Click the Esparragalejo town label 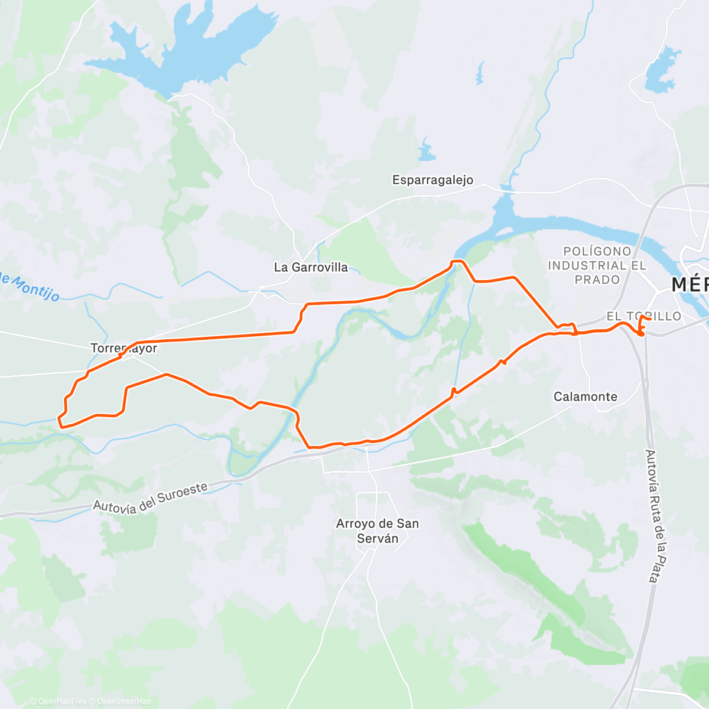pyautogui.click(x=432, y=180)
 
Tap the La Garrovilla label pyautogui.click(x=311, y=267)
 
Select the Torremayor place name pyautogui.click(x=124, y=348)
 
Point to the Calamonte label pyautogui.click(x=585, y=396)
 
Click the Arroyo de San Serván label pyautogui.click(x=378, y=531)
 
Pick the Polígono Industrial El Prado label pyautogui.click(x=597, y=266)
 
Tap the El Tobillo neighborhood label pyautogui.click(x=644, y=316)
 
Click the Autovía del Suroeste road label pyautogui.click(x=151, y=497)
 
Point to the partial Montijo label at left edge pyautogui.click(x=30, y=286)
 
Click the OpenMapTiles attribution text pyautogui.click(x=58, y=701)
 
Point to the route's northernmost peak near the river pyautogui.click(x=458, y=261)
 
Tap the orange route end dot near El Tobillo pyautogui.click(x=641, y=334)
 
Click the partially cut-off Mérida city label pyautogui.click(x=690, y=285)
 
